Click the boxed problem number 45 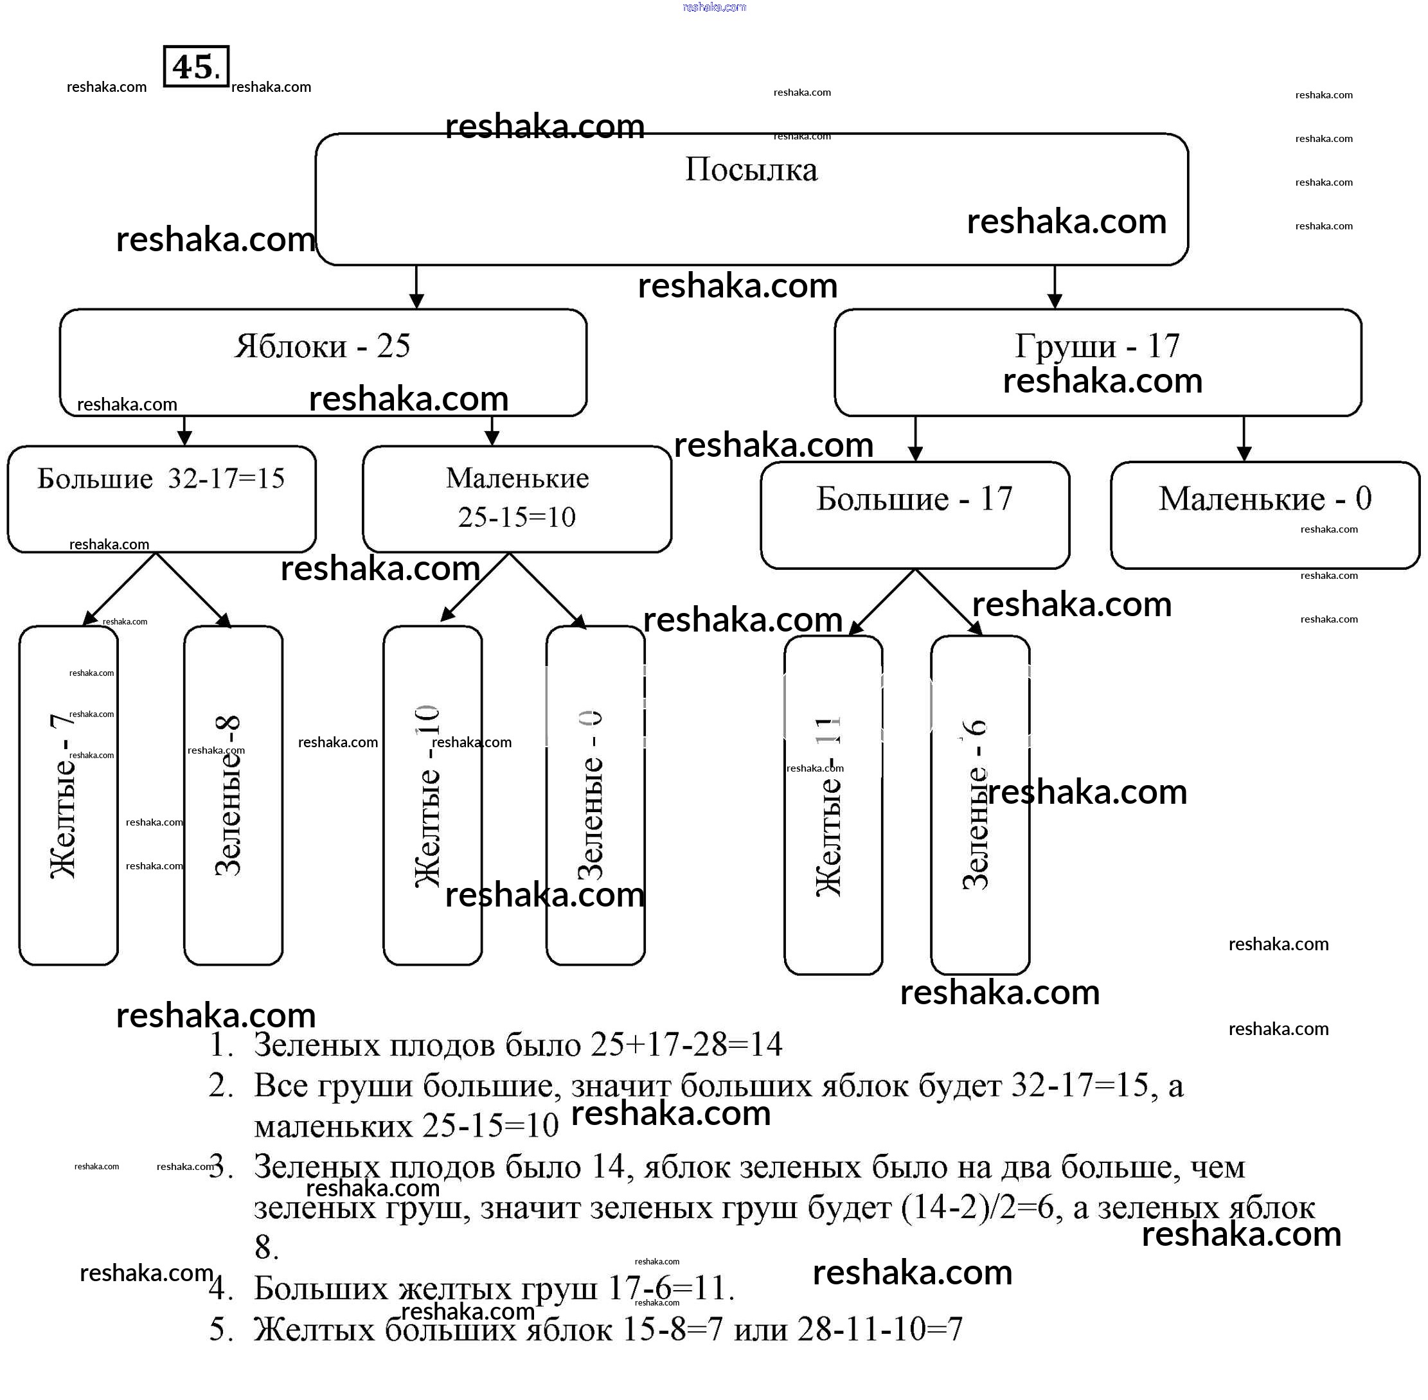195,67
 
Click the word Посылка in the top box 751,170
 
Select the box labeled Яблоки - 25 323,362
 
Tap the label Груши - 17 1097,346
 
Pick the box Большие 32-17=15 161,499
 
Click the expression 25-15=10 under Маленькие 516,518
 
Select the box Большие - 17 914,515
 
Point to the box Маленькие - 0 1265,515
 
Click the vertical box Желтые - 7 67,795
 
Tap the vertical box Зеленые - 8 233,795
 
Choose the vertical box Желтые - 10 432,795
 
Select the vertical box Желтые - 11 832,805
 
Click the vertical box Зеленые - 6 979,805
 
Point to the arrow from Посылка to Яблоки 416,287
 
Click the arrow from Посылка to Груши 1055,287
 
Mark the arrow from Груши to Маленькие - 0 1244,439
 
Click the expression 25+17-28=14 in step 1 686,1045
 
